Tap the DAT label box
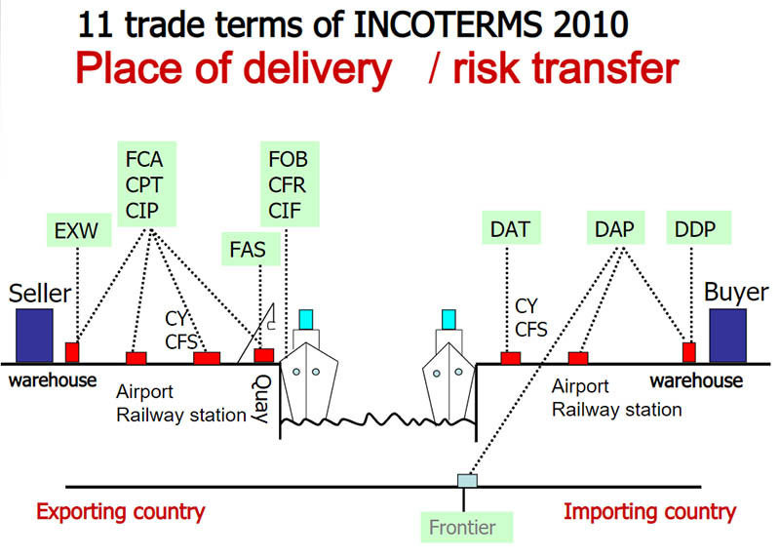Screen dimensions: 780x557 (507, 231)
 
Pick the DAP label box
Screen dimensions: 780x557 (615, 231)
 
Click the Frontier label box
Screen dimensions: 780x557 (464, 529)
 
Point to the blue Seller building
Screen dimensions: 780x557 (32, 335)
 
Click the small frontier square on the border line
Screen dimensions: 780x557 (466, 480)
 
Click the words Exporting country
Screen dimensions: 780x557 (121, 511)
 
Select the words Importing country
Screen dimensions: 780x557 (649, 511)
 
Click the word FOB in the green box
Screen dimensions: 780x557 (290, 158)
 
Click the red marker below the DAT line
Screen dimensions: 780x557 (510, 358)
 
